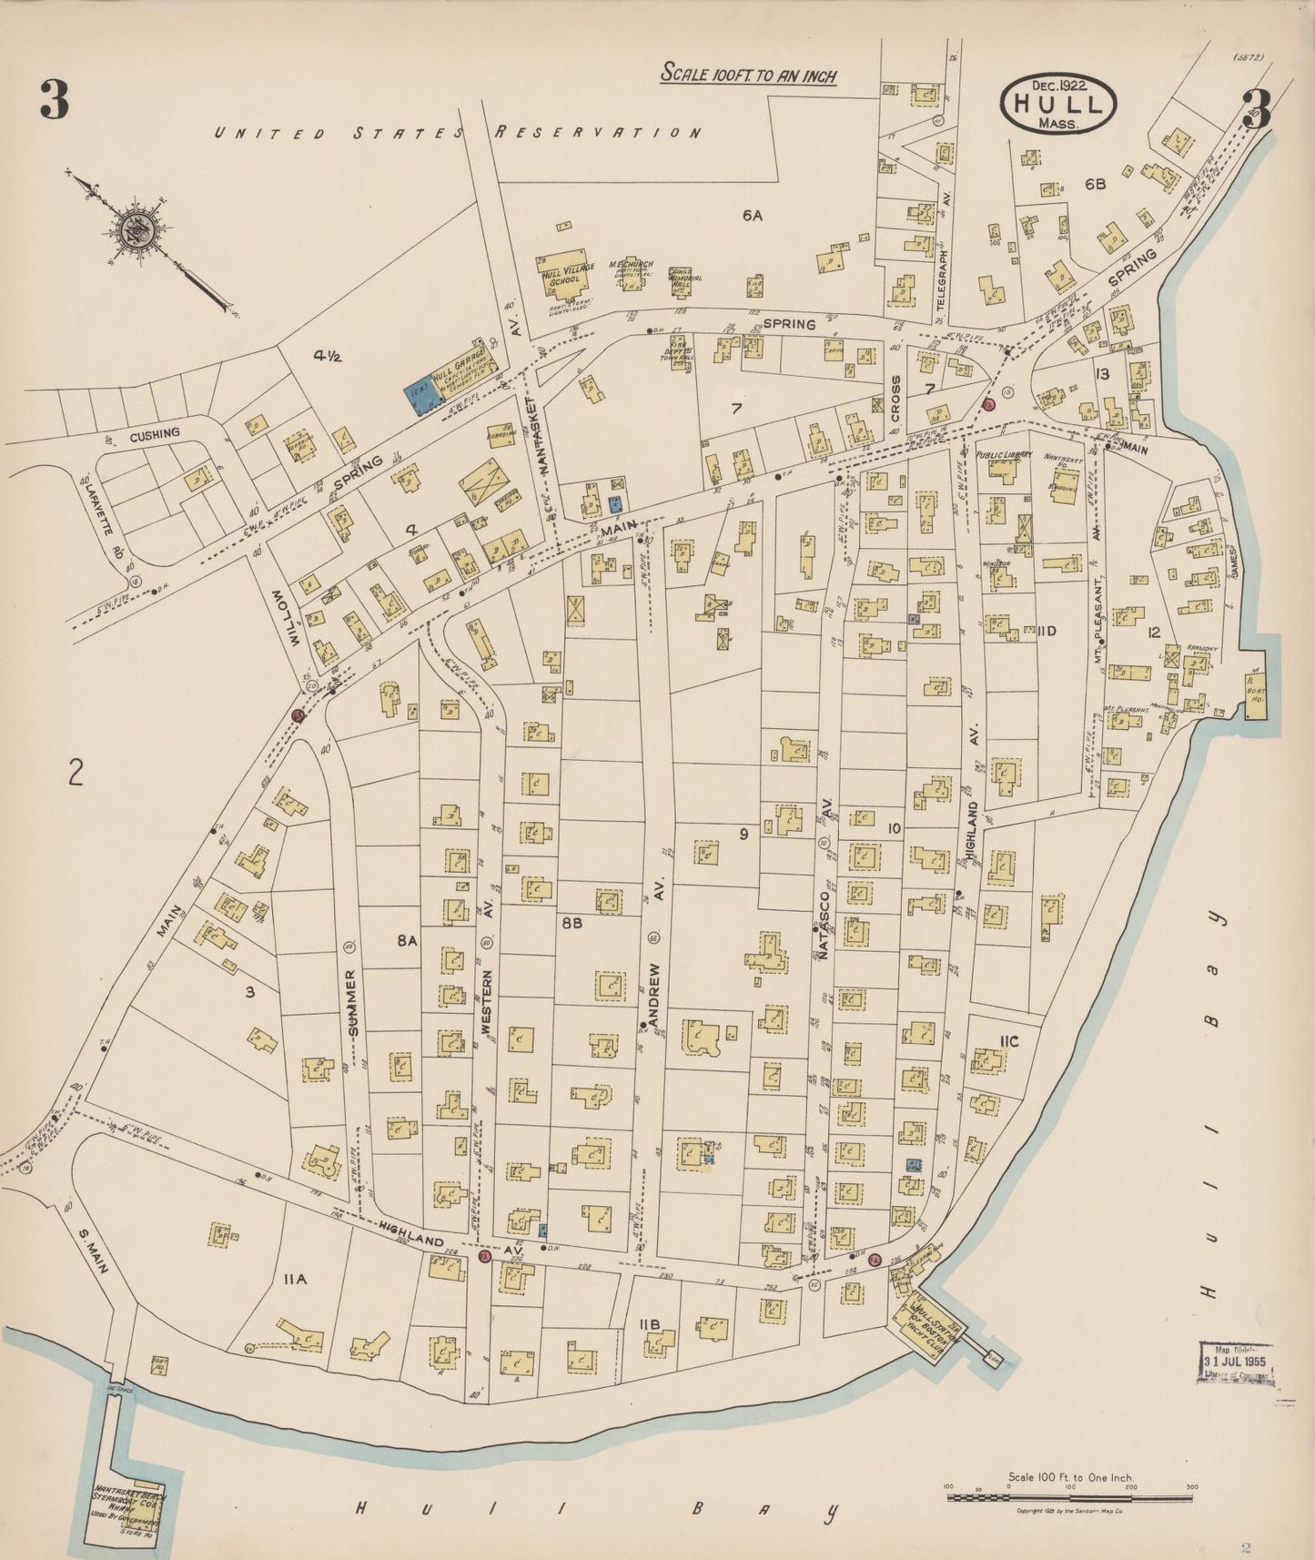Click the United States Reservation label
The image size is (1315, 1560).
458,133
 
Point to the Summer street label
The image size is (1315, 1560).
353,1000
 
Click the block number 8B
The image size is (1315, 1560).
572,923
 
